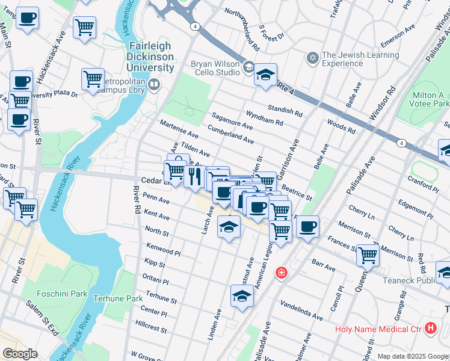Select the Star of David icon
312,58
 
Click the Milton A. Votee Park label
428,101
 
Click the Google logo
20,354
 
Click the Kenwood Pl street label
163,248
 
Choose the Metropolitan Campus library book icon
154,84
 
